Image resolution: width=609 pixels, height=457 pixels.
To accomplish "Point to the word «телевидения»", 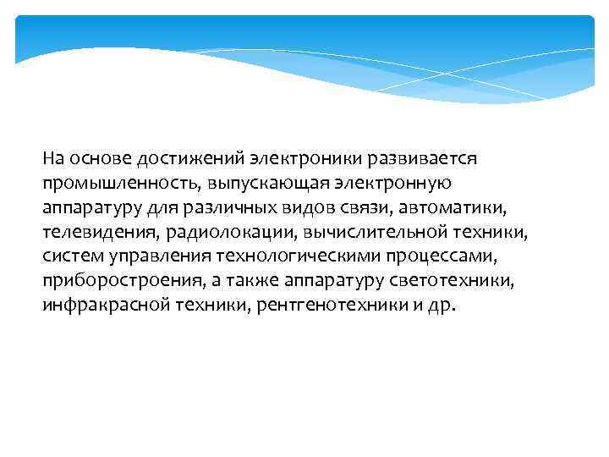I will point(94,232).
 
